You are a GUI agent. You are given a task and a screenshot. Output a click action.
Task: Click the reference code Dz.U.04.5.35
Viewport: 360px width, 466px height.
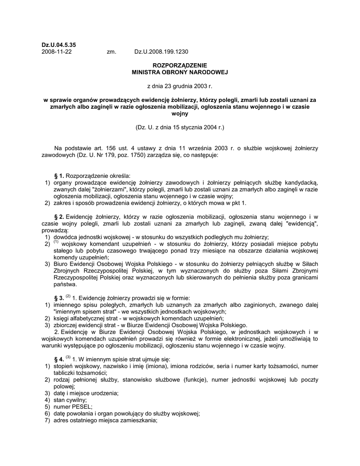pos(59,45)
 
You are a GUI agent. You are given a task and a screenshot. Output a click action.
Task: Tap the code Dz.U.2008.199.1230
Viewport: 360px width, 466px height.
pos(161,51)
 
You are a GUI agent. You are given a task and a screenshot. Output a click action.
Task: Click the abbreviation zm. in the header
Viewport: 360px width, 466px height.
pos(112,51)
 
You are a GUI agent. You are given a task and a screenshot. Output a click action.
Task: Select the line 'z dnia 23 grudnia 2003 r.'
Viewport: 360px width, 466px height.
pos(179,86)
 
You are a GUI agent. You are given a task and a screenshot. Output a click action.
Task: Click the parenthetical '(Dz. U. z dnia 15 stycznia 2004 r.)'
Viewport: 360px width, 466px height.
pos(179,127)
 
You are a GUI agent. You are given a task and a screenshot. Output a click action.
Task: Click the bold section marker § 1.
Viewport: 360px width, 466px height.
pos(59,176)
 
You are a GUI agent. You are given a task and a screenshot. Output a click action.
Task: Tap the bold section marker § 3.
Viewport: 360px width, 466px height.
pos(59,298)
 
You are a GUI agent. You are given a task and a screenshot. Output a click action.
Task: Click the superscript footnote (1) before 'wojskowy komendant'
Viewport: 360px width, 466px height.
pos(56,242)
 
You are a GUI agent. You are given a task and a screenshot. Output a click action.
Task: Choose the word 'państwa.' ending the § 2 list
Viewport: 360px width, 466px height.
pos(66,284)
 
